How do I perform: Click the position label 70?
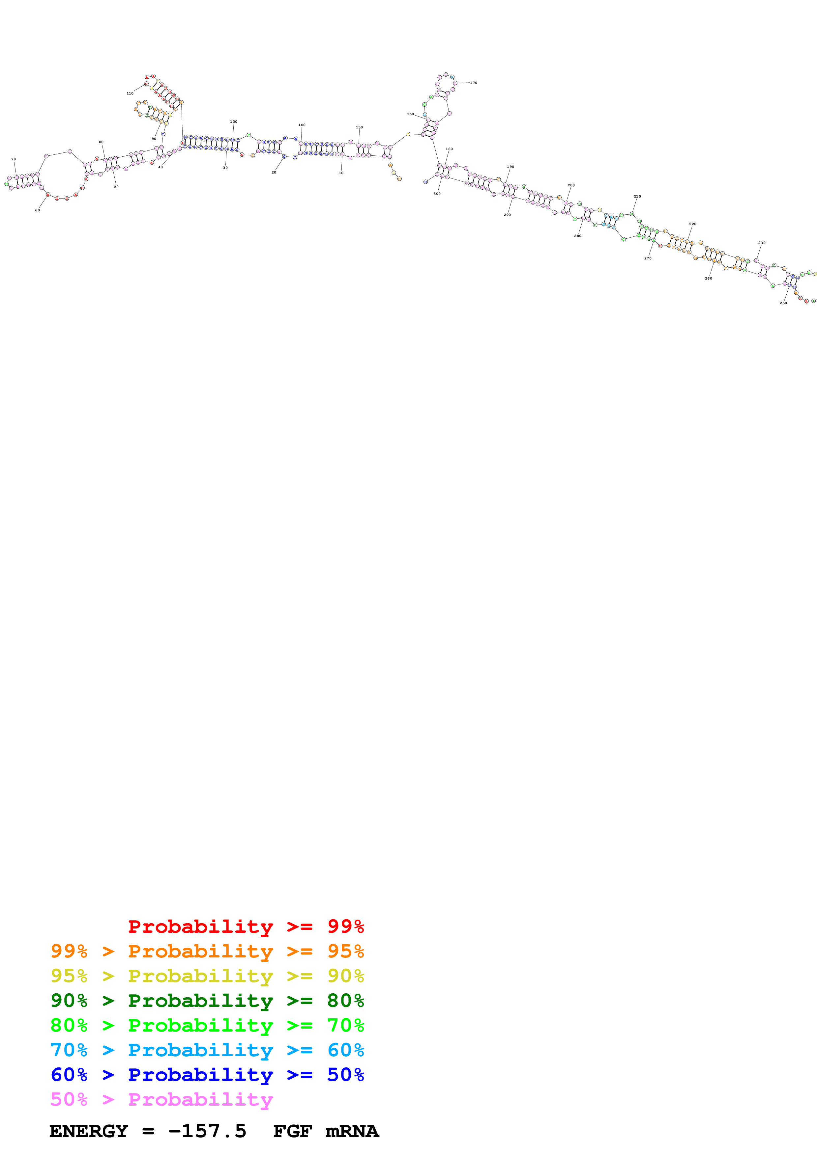(x=14, y=159)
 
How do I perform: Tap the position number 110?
(x=130, y=94)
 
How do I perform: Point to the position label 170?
(x=473, y=83)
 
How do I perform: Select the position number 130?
(x=234, y=122)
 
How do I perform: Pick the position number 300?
(x=437, y=194)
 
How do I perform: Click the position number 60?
(x=37, y=210)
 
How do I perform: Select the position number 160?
(x=410, y=114)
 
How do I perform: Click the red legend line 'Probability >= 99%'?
(x=246, y=927)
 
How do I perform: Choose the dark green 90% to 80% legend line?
(x=207, y=1001)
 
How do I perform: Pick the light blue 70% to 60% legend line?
(x=207, y=1050)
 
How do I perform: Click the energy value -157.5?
(x=207, y=1131)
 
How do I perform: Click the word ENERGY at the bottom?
(x=89, y=1131)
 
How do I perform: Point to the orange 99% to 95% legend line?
(x=207, y=951)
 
